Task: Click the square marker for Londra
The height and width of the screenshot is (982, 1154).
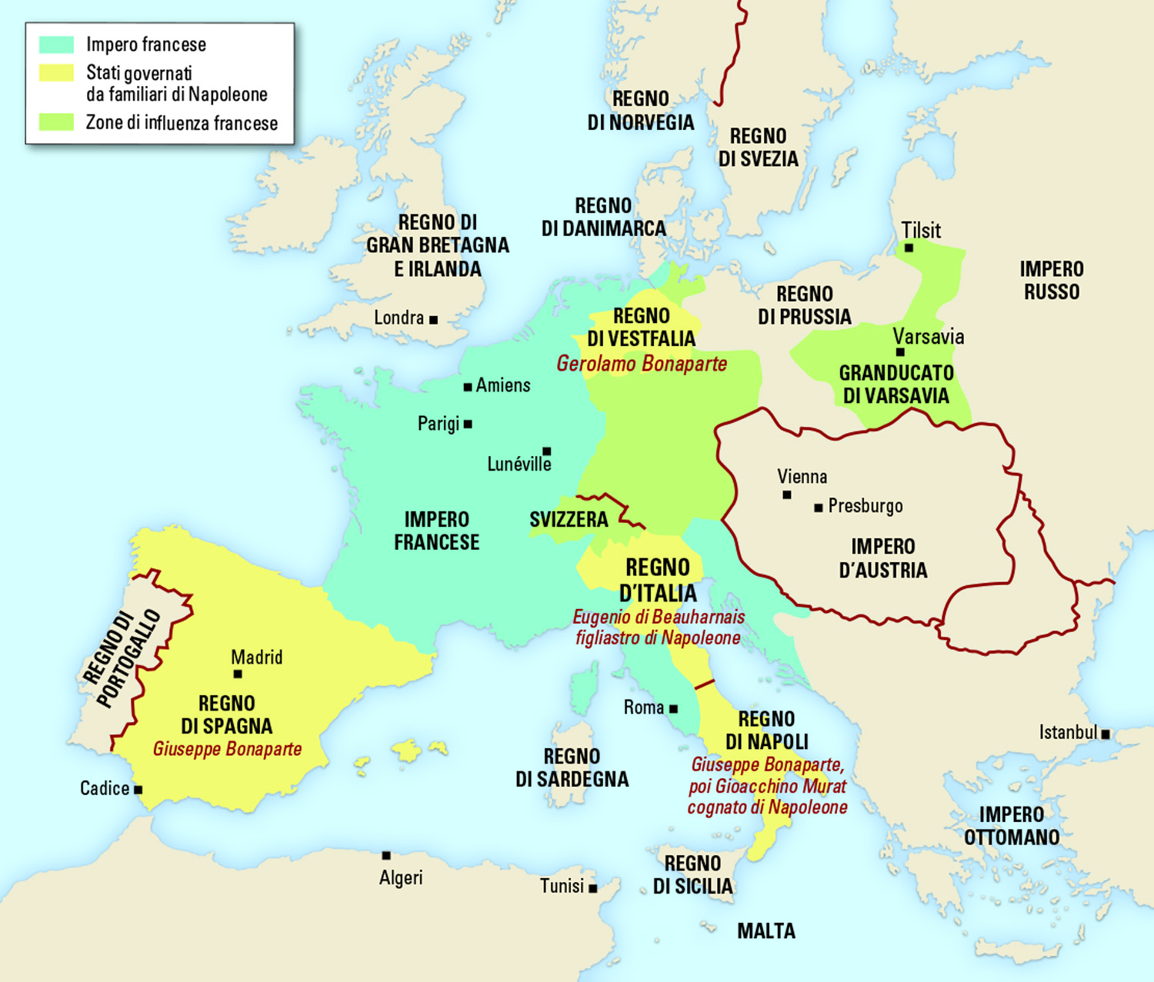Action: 433,319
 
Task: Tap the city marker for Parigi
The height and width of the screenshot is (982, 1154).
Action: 468,424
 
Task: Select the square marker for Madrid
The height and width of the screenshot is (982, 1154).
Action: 238,674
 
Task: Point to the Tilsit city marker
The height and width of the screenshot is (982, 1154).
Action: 909,248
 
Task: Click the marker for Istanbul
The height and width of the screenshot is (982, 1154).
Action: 1105,734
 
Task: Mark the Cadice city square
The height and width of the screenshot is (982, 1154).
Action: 138,789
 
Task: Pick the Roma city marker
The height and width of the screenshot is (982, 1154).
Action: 673,708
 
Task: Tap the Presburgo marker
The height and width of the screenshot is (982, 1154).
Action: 819,508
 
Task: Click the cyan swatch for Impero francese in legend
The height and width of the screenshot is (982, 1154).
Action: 56,45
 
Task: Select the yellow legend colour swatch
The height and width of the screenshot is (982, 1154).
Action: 56,73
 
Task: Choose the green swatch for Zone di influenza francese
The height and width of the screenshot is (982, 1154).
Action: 56,122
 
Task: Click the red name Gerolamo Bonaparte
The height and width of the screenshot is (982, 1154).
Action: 642,364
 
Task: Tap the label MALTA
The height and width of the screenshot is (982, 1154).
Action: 765,931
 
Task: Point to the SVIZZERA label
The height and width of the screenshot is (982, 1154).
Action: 569,520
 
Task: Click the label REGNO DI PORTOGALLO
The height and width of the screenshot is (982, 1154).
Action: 122,657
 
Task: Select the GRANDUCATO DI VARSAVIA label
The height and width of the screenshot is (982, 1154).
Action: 896,384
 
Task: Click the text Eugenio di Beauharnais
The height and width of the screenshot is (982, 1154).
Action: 659,617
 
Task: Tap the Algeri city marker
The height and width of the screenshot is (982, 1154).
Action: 386,855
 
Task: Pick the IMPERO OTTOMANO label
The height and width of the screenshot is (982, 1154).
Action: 1011,826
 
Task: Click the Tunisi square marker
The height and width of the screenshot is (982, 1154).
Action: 592,888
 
